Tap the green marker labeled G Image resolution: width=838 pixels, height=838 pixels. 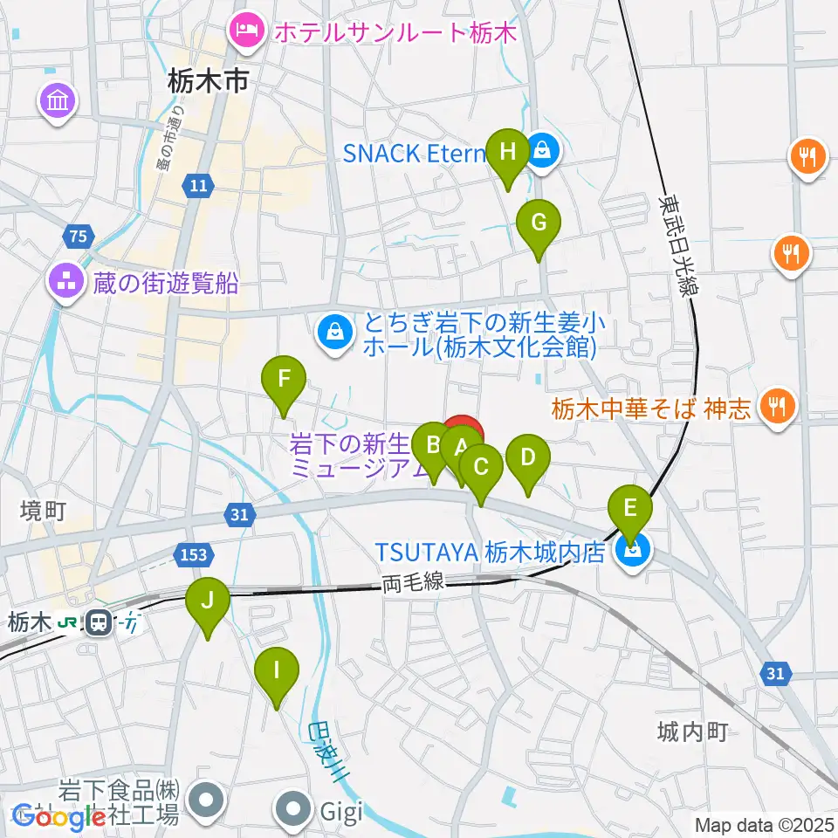click(x=539, y=223)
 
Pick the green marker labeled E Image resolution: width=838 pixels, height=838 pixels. click(x=630, y=508)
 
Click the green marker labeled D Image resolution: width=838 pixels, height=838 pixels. click(x=527, y=458)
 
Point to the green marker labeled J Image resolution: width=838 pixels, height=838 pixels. click(x=208, y=602)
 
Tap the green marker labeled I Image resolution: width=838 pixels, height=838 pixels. click(x=277, y=672)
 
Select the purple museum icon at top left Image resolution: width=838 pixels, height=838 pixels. click(x=58, y=102)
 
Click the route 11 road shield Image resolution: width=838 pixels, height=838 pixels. click(x=198, y=184)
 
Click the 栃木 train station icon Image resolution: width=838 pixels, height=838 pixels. click(x=98, y=622)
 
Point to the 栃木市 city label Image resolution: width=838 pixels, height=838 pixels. click(x=209, y=83)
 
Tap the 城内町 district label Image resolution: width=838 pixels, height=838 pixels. click(x=694, y=732)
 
